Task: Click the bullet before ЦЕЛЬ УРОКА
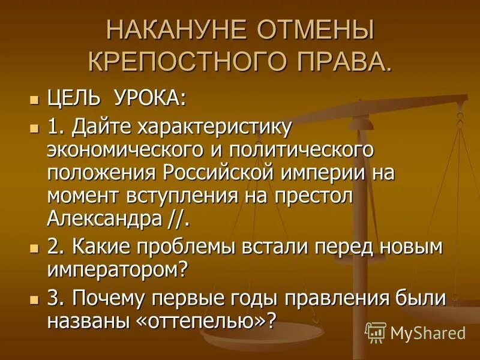(x=34, y=98)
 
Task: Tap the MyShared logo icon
(x=375, y=332)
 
